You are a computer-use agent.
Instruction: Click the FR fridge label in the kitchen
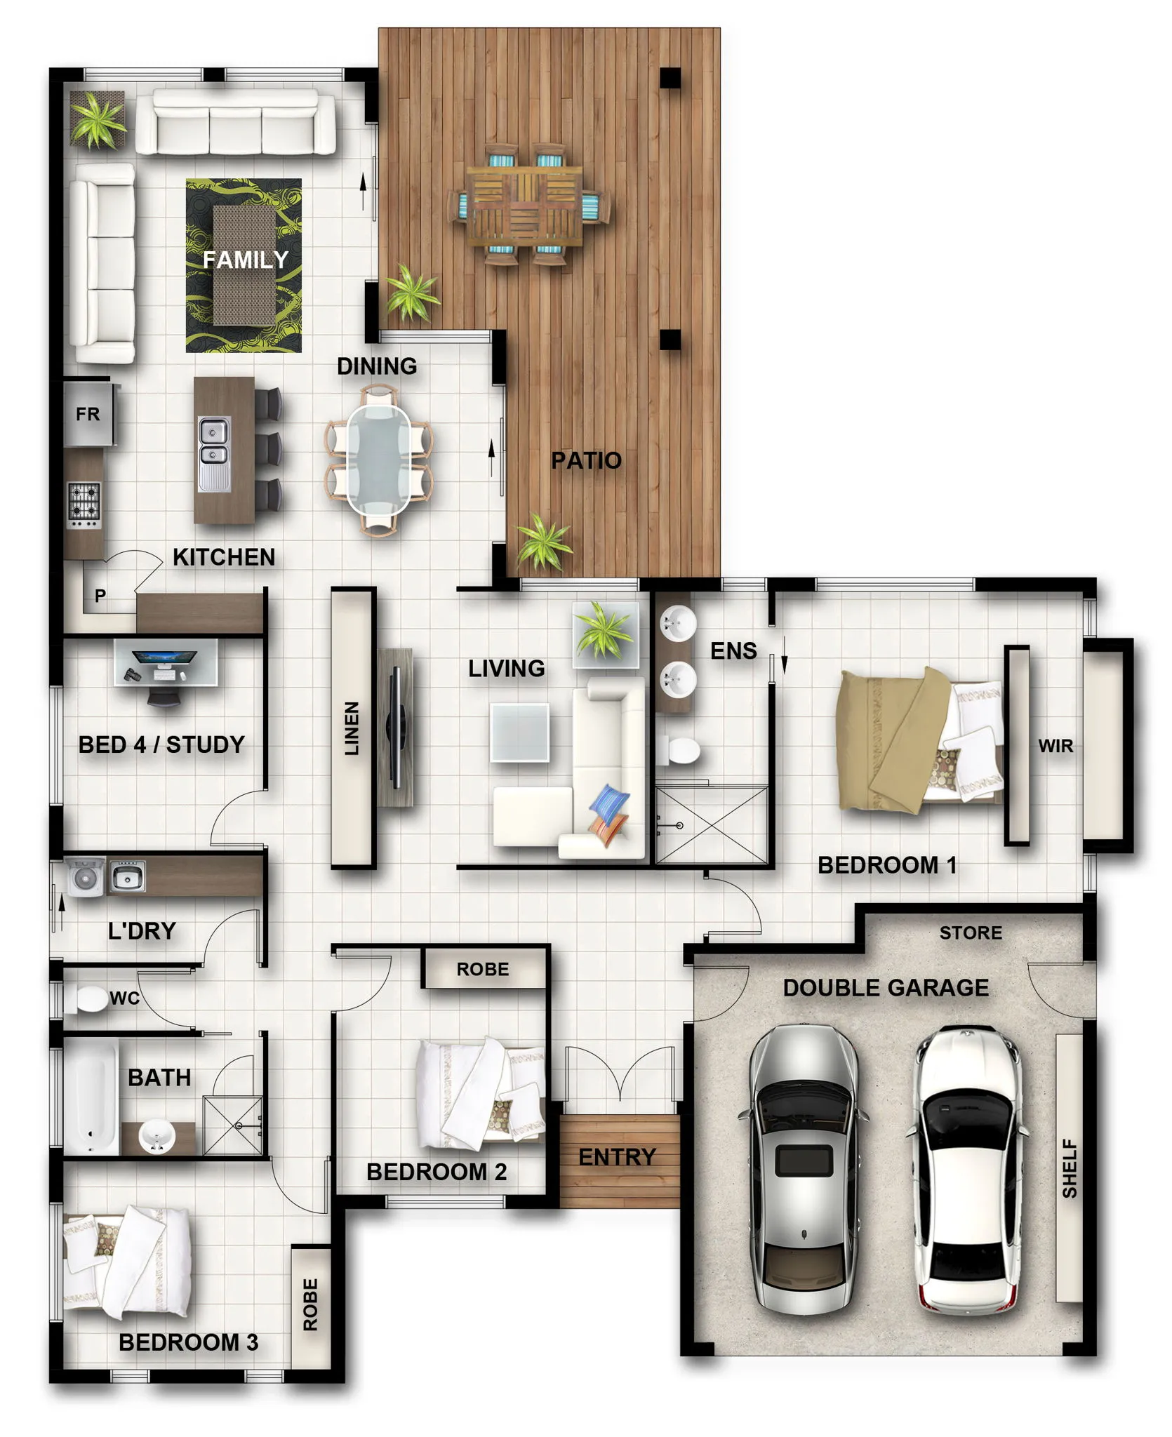pyautogui.click(x=88, y=414)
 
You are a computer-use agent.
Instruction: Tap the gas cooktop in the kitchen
pyautogui.click(x=84, y=505)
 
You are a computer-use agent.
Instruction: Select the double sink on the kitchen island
pyautogui.click(x=213, y=453)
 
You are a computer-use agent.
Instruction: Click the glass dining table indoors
pyautogui.click(x=378, y=460)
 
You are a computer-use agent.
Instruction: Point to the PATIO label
pyautogui.click(x=586, y=460)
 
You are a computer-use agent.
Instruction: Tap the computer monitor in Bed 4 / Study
pyautogui.click(x=164, y=659)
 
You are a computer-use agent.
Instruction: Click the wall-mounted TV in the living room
pyautogui.click(x=396, y=727)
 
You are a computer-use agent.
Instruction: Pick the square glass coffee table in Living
pyautogui.click(x=519, y=732)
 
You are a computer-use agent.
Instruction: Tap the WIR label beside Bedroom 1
pyautogui.click(x=1056, y=746)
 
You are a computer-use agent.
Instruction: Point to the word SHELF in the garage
pyautogui.click(x=1070, y=1168)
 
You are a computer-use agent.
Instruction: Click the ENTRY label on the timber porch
pyautogui.click(x=617, y=1157)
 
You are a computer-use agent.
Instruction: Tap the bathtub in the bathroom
pyautogui.click(x=91, y=1097)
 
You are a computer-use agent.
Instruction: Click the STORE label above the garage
pyautogui.click(x=971, y=933)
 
